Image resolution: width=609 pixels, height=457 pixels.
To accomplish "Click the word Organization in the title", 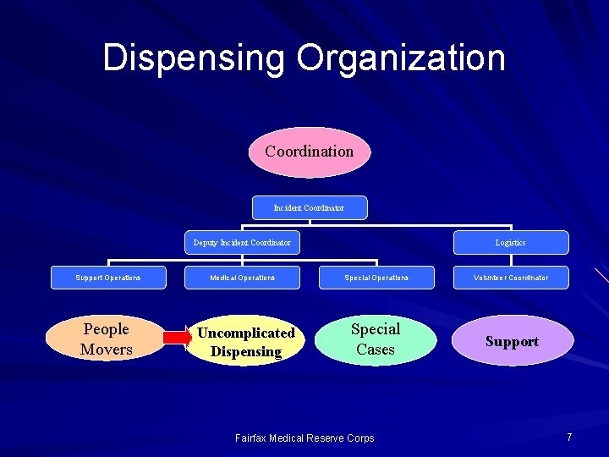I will click(x=401, y=58).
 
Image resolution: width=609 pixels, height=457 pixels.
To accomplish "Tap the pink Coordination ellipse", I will click(x=310, y=152).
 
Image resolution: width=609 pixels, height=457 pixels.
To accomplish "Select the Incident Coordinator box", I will click(x=310, y=207).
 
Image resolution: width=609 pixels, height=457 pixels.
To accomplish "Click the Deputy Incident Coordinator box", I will click(x=242, y=243).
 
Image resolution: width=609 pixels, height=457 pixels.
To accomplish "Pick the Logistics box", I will click(x=510, y=243).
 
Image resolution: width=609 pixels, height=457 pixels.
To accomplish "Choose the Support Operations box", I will click(x=108, y=278).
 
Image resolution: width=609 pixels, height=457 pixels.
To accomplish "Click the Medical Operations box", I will click(x=243, y=278).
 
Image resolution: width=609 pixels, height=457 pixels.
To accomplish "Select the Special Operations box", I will click(x=376, y=278).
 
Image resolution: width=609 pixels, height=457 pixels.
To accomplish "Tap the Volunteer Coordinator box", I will click(x=511, y=278).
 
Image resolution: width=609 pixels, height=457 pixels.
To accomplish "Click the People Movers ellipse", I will click(x=106, y=339).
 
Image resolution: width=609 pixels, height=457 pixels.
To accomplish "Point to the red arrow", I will click(x=177, y=337).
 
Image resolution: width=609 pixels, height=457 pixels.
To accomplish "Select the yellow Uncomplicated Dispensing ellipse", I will click(x=246, y=342).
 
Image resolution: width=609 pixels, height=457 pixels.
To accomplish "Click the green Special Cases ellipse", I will click(x=375, y=339).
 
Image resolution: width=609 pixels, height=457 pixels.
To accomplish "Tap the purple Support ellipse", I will click(x=512, y=342).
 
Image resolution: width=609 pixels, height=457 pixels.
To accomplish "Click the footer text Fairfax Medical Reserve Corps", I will click(x=304, y=438).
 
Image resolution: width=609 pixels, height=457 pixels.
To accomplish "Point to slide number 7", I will click(x=569, y=437).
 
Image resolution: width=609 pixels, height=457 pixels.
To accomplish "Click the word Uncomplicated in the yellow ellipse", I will click(x=246, y=333).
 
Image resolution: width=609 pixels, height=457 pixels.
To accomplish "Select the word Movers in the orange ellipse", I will click(x=107, y=349).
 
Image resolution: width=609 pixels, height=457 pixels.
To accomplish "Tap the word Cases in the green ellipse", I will click(x=376, y=349).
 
